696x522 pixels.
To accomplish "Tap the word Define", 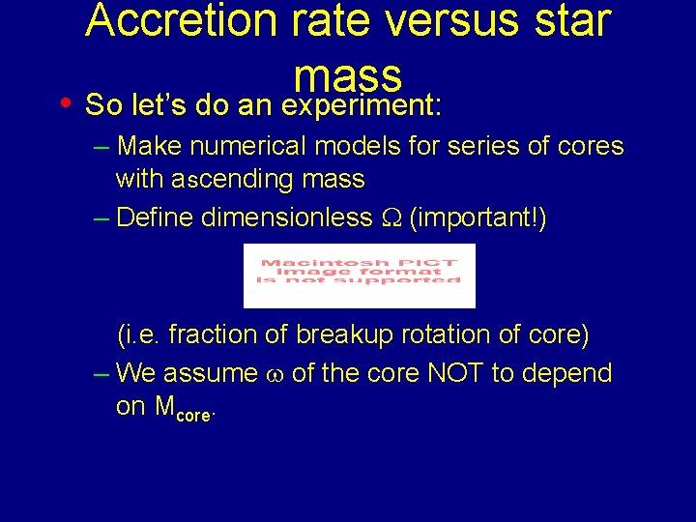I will click(155, 218).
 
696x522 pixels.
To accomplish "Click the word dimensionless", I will click(284, 218).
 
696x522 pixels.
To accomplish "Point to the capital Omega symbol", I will click(389, 219).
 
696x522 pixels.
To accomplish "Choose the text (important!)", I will click(478, 218).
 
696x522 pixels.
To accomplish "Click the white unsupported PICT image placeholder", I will click(360, 275).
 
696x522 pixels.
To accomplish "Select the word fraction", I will click(214, 334).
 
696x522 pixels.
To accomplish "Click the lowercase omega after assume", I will click(274, 375).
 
